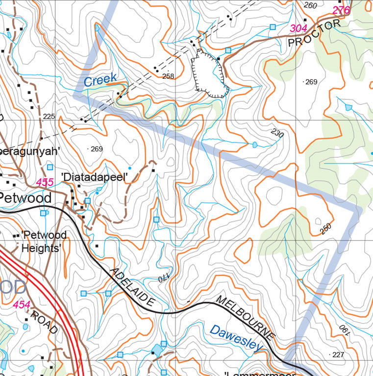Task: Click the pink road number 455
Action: (x=45, y=183)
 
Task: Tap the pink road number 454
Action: (x=22, y=305)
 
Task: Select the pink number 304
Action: (x=298, y=28)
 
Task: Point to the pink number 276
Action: (x=341, y=10)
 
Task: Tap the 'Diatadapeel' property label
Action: (x=94, y=177)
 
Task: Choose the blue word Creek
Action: (x=100, y=79)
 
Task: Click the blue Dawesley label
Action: (x=237, y=338)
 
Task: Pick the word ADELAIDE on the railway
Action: (x=133, y=288)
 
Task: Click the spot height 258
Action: (x=168, y=76)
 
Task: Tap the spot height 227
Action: (x=338, y=354)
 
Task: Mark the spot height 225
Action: (x=49, y=117)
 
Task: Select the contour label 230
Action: (x=277, y=133)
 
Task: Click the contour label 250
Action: (x=326, y=229)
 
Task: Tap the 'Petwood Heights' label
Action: (x=43, y=241)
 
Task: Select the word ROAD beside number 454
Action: (x=45, y=323)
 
